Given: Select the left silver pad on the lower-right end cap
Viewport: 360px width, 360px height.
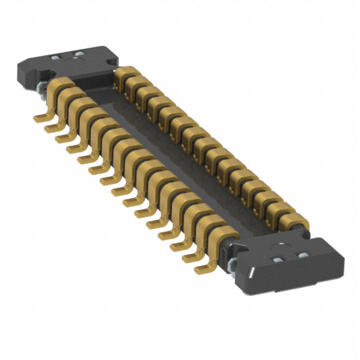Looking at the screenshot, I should (278, 260).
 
